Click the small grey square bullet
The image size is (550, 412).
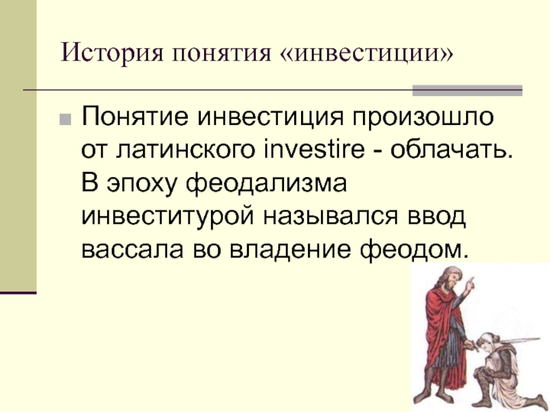point(65,119)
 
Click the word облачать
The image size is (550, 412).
point(452,150)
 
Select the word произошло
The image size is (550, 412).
point(423,117)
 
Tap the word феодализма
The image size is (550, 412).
point(266,184)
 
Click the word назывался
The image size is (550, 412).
point(331,217)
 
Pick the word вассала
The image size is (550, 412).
point(132,250)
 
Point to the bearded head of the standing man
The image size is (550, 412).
point(452,278)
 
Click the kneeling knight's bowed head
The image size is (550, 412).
point(487,342)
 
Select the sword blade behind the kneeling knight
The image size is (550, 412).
point(519,340)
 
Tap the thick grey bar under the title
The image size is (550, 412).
point(467,91)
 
